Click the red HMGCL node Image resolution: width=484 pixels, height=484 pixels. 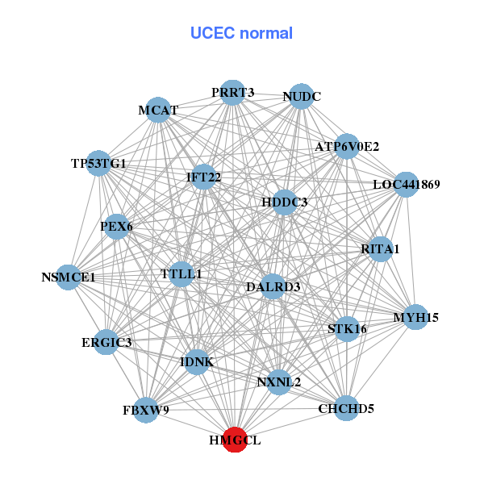coord(235,440)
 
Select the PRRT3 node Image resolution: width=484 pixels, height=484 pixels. coord(232,93)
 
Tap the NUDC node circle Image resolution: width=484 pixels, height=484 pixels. coord(301,97)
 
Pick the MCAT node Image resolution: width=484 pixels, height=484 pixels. coord(158,110)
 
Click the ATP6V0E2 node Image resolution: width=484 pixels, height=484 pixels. coord(347,147)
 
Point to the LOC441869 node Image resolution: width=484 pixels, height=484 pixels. coord(406,185)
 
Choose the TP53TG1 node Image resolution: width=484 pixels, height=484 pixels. coord(98,164)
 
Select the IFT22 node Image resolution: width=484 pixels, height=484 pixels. coord(203,177)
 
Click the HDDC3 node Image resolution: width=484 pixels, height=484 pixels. coord(284,202)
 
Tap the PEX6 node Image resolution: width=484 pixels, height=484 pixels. coord(115,227)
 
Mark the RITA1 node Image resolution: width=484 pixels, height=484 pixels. coord(380,249)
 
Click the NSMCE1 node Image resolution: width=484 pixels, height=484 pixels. coord(69,277)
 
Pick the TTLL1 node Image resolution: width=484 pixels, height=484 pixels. coord(181,274)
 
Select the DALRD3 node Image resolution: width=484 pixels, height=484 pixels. coord(273,286)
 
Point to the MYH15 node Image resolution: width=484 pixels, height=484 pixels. coord(415,317)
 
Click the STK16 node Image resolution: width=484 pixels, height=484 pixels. coord(347,328)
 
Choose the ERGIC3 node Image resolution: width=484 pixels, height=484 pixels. coord(106,342)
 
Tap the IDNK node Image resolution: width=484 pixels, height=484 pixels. coord(197,362)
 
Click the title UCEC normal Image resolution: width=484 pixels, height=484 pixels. coord(241,33)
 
